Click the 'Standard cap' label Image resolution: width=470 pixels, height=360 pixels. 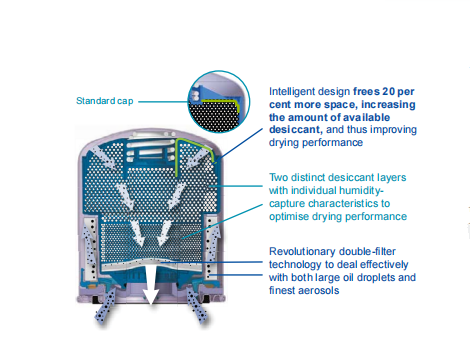point(105,101)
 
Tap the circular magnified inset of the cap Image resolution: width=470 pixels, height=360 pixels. point(219,101)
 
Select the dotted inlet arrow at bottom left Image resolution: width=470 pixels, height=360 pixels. point(105,306)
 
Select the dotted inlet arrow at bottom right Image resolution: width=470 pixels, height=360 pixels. point(196,305)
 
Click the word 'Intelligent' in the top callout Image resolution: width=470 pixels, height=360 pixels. point(292,91)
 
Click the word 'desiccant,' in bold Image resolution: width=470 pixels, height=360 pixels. point(296,130)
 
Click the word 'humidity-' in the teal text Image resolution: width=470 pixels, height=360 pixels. point(361,190)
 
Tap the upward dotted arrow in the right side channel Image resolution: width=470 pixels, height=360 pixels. point(214,243)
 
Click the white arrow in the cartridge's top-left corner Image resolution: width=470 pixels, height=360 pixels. point(103,156)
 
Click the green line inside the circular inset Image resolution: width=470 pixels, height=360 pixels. point(220,102)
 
